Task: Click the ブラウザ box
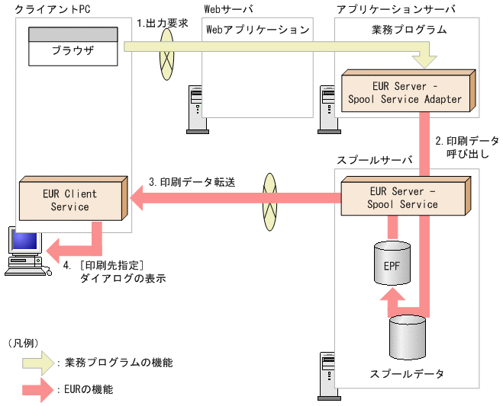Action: pyautogui.click(x=73, y=52)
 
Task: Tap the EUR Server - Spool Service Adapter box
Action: pyautogui.click(x=405, y=92)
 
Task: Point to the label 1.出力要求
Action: pyautogui.click(x=162, y=23)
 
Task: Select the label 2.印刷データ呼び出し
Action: pyautogui.click(x=466, y=147)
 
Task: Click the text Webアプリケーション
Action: pyautogui.click(x=258, y=30)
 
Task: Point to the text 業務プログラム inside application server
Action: pyautogui.click(x=405, y=30)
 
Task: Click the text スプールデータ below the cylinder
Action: pyautogui.click(x=406, y=374)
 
